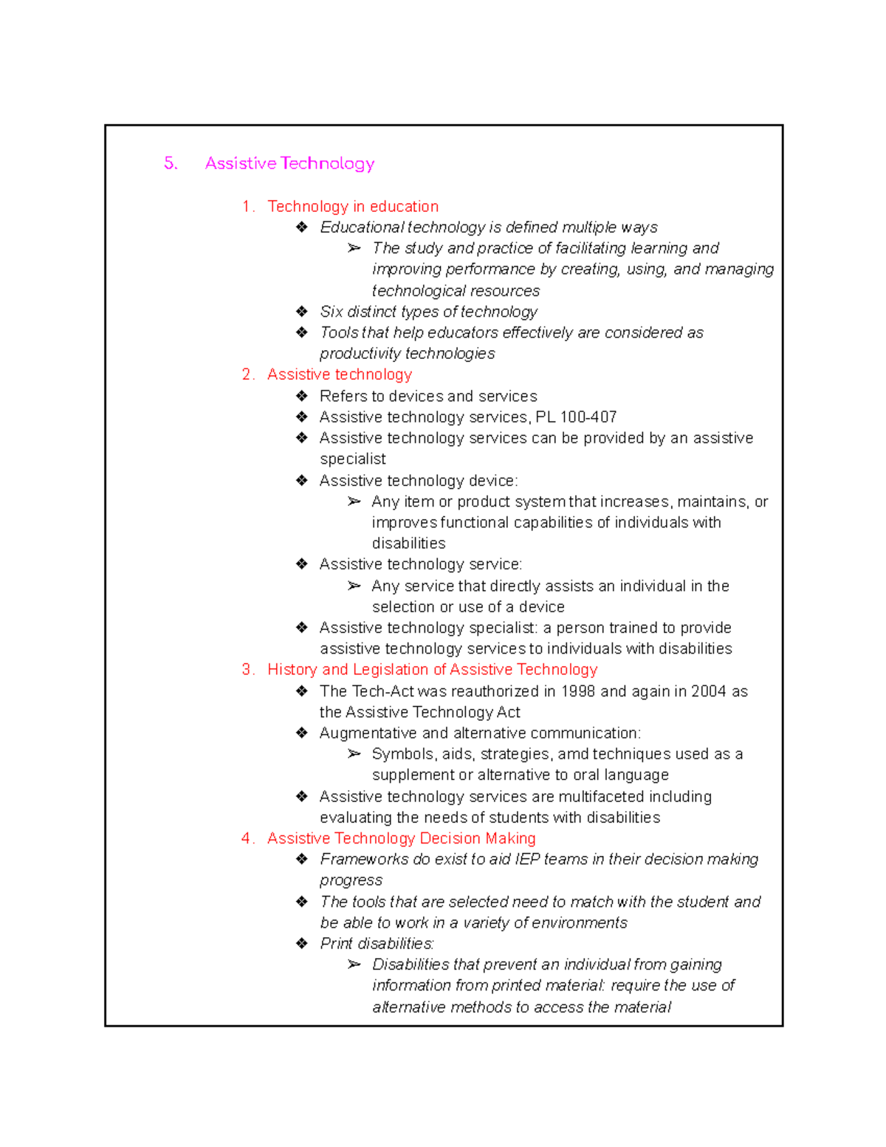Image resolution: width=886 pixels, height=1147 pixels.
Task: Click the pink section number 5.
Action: pyautogui.click(x=170, y=163)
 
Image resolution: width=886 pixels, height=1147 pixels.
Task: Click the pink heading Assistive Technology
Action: pyautogui.click(x=289, y=163)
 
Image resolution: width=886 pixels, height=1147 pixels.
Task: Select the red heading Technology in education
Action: pyautogui.click(x=353, y=207)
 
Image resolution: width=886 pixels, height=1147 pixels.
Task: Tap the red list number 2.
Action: pyautogui.click(x=247, y=374)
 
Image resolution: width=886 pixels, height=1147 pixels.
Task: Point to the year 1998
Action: pyautogui.click(x=578, y=691)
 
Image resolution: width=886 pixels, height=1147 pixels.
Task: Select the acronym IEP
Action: pyautogui.click(x=527, y=860)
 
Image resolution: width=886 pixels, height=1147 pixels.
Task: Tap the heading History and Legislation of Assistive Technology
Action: pyautogui.click(x=432, y=670)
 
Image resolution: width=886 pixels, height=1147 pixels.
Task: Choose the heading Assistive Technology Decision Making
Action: pyautogui.click(x=401, y=838)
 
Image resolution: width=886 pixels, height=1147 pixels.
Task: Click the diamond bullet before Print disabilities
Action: pyautogui.click(x=302, y=944)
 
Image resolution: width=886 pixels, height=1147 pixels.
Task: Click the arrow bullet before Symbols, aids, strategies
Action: pyautogui.click(x=354, y=754)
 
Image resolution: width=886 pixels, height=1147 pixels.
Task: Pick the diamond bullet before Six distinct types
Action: pyautogui.click(x=302, y=312)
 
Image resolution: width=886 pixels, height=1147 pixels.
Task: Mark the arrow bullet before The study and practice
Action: pyautogui.click(x=354, y=248)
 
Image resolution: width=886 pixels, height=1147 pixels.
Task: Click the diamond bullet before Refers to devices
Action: pyautogui.click(x=302, y=397)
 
